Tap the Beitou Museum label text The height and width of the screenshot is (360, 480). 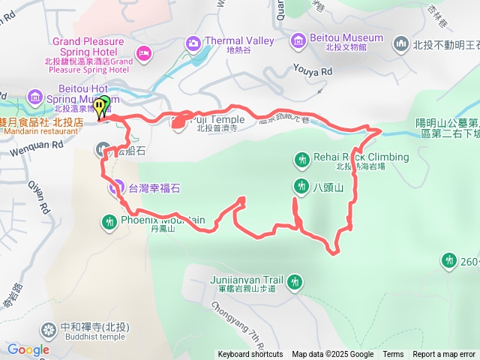pyautogui.click(x=347, y=37)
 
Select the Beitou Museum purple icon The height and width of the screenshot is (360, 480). pyautogui.click(x=298, y=38)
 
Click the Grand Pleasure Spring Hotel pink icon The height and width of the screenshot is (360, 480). pyautogui.click(x=144, y=52)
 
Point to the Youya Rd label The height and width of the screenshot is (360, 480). pyautogui.click(x=316, y=72)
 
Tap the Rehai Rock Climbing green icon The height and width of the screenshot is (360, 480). pyautogui.click(x=301, y=158)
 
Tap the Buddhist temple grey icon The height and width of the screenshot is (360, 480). pyautogui.click(x=49, y=328)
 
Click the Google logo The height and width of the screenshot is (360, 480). pyautogui.click(x=28, y=349)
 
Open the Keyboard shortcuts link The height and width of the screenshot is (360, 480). pyautogui.click(x=250, y=355)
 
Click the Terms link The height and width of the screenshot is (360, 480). pyautogui.click(x=393, y=355)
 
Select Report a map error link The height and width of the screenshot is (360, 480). pyautogui.click(x=444, y=355)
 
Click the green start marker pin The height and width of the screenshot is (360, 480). pyautogui.click(x=104, y=104)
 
